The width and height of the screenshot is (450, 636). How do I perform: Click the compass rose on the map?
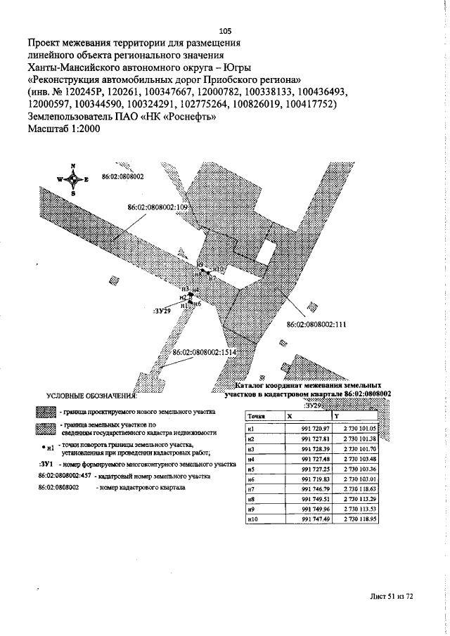point(74,179)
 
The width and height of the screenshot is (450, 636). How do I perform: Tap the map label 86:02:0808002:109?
point(159,208)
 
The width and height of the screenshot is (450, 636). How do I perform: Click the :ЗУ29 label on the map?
point(162,309)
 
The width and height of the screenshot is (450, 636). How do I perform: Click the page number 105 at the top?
point(225,30)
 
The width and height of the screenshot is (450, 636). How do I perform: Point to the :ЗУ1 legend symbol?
point(46,465)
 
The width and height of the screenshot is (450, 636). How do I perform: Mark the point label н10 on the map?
point(217,269)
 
